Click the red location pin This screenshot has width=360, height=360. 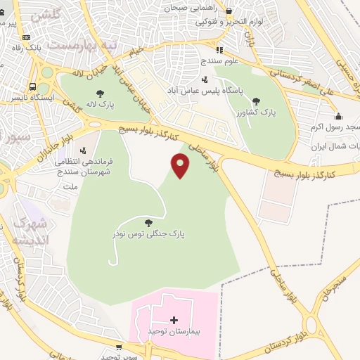pos(181,166)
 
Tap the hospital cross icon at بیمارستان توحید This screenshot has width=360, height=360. pos(174,320)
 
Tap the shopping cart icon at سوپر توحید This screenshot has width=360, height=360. pos(118,347)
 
